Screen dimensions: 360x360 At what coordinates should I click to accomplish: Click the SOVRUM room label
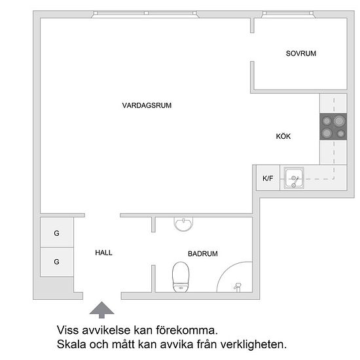(x=301, y=54)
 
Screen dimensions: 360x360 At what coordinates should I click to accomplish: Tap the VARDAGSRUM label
(x=147, y=105)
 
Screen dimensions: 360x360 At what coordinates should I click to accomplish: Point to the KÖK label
(x=283, y=136)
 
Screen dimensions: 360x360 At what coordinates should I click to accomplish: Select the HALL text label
(x=103, y=253)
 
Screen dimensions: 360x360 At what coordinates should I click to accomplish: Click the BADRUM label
(x=203, y=254)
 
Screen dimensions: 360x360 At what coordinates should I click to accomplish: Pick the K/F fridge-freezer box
(x=268, y=177)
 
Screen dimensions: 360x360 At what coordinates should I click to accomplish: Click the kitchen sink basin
(x=294, y=177)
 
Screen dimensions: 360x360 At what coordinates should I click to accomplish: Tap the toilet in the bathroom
(x=181, y=277)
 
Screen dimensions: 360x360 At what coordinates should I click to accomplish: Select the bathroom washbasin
(x=183, y=224)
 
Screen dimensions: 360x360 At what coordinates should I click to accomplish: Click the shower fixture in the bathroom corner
(x=238, y=287)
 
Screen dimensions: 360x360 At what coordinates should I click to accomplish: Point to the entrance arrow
(x=101, y=310)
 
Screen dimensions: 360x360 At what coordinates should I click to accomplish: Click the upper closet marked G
(x=57, y=232)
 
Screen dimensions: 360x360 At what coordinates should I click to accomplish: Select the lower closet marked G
(x=57, y=262)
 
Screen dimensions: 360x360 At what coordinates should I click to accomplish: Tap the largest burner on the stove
(x=340, y=120)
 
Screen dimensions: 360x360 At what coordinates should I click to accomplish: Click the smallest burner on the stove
(x=341, y=134)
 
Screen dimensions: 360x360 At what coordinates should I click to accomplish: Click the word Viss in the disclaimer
(x=67, y=330)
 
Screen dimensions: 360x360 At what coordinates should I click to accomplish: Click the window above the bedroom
(x=288, y=13)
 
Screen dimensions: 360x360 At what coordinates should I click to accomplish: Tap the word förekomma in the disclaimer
(x=187, y=330)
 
